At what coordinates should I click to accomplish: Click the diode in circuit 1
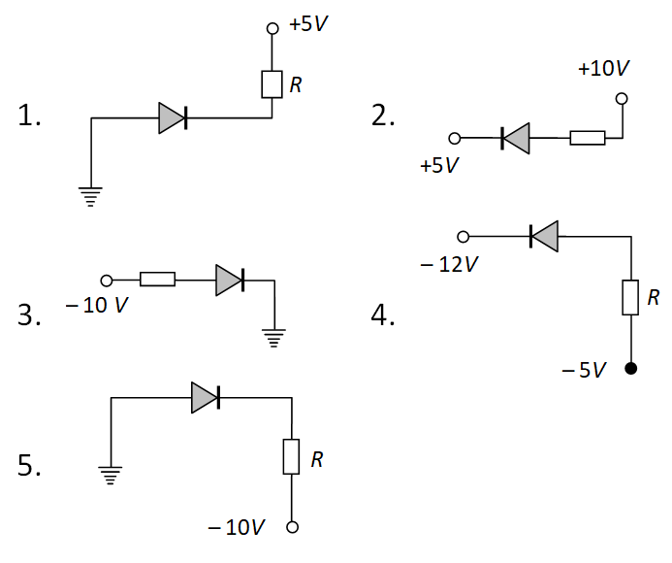[x=173, y=118]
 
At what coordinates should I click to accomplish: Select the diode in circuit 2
[x=515, y=139]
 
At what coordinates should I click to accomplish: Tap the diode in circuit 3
[x=230, y=280]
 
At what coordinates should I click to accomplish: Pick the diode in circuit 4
[x=544, y=236]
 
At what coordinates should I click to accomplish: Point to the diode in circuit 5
[x=206, y=396]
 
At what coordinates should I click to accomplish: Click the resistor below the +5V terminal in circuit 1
[x=271, y=84]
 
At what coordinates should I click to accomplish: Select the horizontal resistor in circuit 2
[x=587, y=139]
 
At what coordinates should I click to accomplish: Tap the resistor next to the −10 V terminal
[x=157, y=280]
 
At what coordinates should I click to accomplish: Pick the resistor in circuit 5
[x=291, y=456]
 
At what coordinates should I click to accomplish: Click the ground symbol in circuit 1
[x=90, y=197]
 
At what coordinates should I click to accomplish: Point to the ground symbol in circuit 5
[x=112, y=476]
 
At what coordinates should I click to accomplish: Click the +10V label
[x=603, y=69]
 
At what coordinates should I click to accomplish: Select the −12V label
[x=449, y=264]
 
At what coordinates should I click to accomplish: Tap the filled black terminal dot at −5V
[x=631, y=368]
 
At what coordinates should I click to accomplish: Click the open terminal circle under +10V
[x=622, y=99]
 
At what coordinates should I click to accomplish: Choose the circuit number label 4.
[x=383, y=315]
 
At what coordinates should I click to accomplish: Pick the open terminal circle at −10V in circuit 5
[x=291, y=528]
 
